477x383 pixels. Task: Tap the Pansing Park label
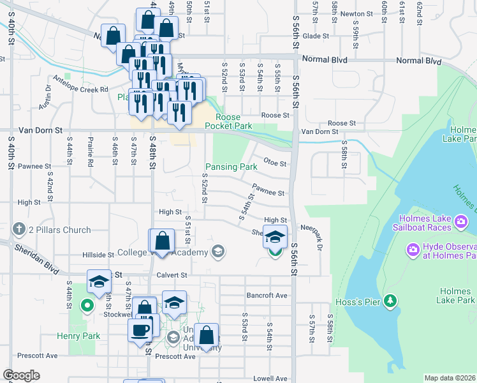coord(230,167)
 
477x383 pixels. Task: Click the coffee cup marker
coord(140,330)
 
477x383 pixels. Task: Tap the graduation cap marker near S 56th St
coord(275,237)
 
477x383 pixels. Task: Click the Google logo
coord(21,375)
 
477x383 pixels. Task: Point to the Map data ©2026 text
coord(450,378)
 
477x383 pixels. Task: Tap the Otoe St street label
coord(276,163)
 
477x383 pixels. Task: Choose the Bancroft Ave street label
coord(267,296)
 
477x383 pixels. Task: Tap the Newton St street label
coord(356,13)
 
